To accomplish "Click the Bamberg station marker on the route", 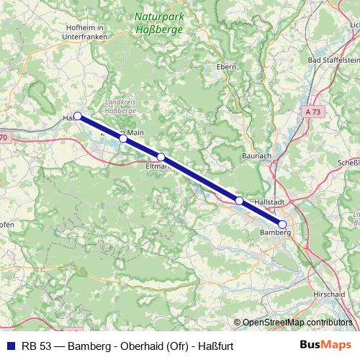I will pos(282,225).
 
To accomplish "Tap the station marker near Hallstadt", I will pos(239,201).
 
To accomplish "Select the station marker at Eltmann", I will pos(161,157).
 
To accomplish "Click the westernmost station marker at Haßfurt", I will pos(77,115).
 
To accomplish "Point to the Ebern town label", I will pos(227,66).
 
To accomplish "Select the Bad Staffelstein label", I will pos(332,60).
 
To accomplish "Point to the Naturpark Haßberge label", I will pos(158,23).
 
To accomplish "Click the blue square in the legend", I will pos(9,345).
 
